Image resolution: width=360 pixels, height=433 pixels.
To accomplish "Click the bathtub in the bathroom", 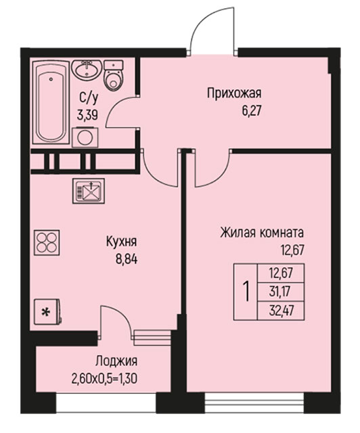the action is coord(51,102).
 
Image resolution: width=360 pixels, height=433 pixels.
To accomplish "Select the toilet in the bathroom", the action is coord(113,75).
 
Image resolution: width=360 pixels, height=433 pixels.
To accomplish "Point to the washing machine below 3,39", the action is coord(85,137).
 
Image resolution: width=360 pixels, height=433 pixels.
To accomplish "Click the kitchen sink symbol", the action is coord(89,191).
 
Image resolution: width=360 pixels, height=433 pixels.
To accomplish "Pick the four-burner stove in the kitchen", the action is coord(47,242).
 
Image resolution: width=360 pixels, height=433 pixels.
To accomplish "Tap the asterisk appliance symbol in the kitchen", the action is coord(47,312).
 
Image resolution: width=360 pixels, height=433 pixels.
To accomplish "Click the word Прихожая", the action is coord(234,93).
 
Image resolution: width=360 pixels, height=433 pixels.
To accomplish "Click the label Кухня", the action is coord(121,242).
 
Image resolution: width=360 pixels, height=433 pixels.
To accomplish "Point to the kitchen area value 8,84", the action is coord(127,260).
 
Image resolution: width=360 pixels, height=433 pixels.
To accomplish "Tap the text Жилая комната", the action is coord(262,233).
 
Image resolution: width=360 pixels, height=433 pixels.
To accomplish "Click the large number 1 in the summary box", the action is coord(246,292).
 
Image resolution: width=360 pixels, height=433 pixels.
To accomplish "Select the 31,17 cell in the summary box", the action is coord(280,292).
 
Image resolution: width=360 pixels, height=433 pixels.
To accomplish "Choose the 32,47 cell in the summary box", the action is coord(281,311).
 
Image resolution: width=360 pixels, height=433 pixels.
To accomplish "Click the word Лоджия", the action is coord(116,361).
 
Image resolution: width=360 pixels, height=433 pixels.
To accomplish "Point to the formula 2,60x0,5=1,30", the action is coord(104,379).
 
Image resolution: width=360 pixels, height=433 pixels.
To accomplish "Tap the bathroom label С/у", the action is coord(89,98).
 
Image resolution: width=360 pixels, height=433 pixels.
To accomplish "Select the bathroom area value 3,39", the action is coord(87,115).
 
